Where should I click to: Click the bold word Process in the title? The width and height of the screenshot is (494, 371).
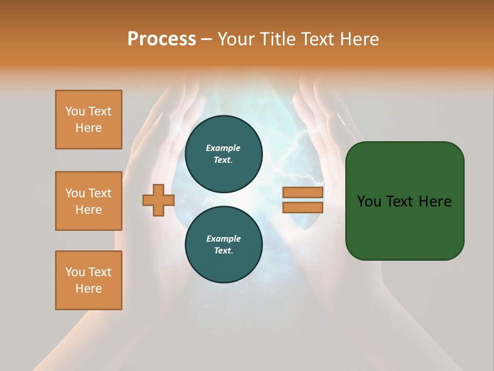[x=162, y=39]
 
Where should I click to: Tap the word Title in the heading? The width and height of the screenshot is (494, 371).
[x=277, y=39]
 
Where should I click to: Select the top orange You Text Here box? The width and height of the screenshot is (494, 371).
[x=89, y=120]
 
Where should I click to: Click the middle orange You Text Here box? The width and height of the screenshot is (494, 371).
[x=89, y=201]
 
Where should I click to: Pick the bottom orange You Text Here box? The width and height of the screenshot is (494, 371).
[x=89, y=280]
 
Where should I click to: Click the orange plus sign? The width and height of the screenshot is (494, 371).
[x=158, y=200]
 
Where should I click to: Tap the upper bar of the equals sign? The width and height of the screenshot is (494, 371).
[x=303, y=192]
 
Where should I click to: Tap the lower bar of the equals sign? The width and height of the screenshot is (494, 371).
[x=303, y=207]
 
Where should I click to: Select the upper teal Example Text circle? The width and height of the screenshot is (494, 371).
[x=223, y=154]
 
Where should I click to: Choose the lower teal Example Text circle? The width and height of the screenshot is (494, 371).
[x=223, y=244]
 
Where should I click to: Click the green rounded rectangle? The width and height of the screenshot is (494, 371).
[x=404, y=227]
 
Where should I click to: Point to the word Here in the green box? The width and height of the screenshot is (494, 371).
[x=435, y=201]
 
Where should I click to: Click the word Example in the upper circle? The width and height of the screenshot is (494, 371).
[x=223, y=148]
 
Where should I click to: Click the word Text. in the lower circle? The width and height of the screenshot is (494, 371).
[x=223, y=250]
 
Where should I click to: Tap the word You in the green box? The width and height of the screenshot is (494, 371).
[x=369, y=201]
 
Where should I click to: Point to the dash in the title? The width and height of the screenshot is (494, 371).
[x=206, y=39]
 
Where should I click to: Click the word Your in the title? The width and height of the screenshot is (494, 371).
[x=236, y=39]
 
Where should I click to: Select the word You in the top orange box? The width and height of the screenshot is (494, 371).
[x=75, y=111]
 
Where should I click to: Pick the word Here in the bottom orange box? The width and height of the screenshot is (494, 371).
[x=89, y=289]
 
